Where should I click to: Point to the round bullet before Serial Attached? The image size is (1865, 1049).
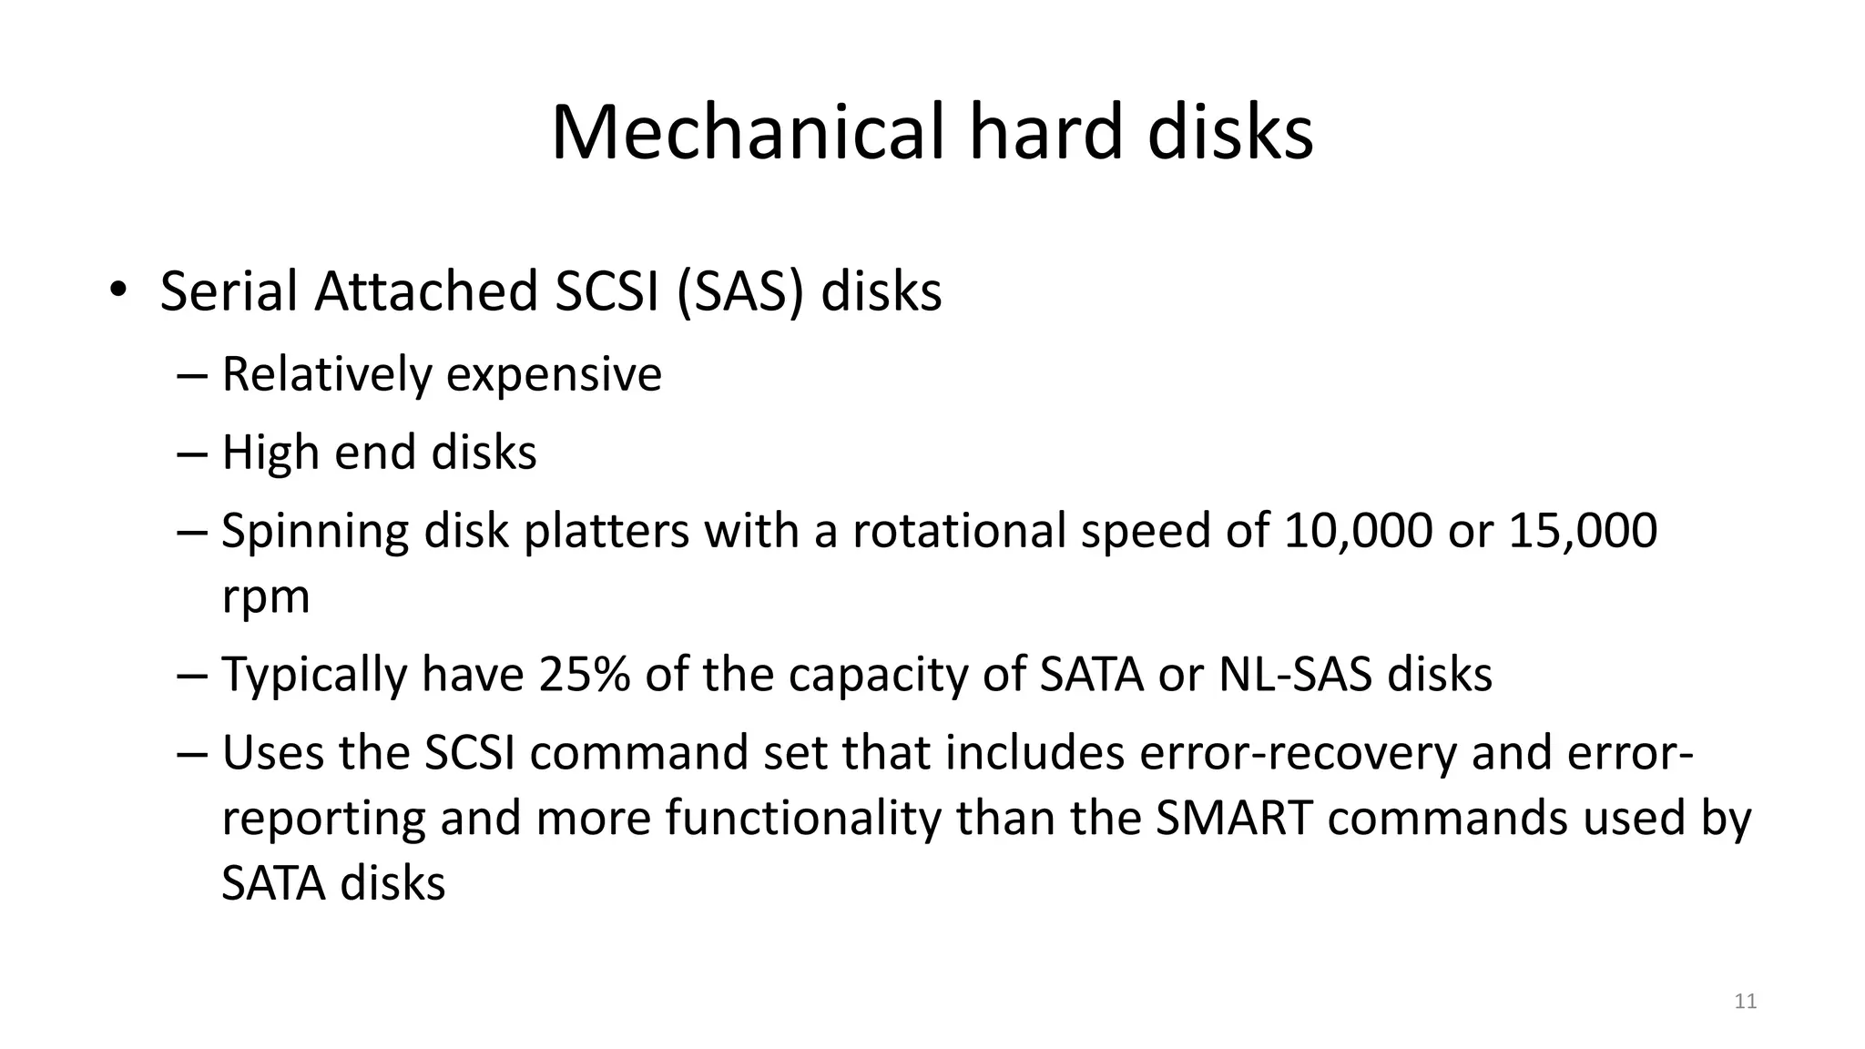tap(117, 290)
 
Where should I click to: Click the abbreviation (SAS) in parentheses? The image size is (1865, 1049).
tap(741, 292)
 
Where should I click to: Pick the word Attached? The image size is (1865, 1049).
tap(426, 292)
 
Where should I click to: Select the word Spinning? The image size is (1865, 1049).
tap(315, 532)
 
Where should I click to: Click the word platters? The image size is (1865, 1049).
tap(606, 531)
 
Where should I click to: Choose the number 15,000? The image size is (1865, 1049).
tap(1583, 531)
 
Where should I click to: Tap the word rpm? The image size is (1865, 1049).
tap(266, 598)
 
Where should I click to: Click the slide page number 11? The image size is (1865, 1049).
tap(1745, 1002)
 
